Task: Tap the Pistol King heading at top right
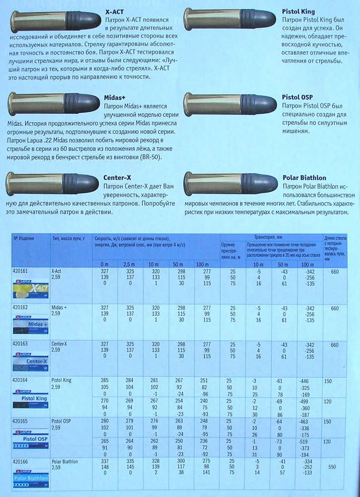pyautogui.click(x=298, y=10)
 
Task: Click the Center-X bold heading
pyautogui.click(x=117, y=177)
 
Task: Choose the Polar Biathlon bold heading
pyautogui.click(x=304, y=177)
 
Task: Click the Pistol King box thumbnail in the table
pyautogui.click(x=31, y=398)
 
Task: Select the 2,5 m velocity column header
pyautogui.click(x=129, y=264)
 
